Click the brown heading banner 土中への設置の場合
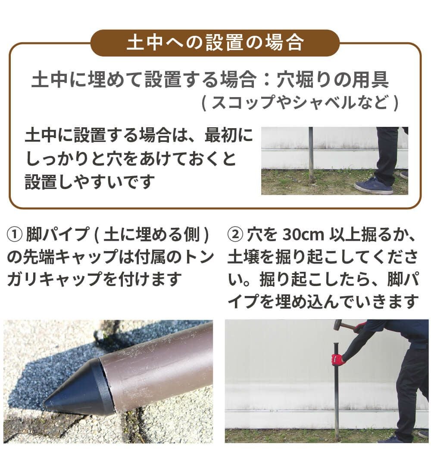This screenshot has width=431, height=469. (215, 43)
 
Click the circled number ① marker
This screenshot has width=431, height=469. (14, 236)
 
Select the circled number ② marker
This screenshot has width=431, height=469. (235, 236)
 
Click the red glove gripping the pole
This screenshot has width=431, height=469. (338, 359)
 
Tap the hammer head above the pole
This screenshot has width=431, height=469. (338, 324)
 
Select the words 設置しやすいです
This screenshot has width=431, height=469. (90, 182)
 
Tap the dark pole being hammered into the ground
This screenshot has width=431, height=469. (337, 401)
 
